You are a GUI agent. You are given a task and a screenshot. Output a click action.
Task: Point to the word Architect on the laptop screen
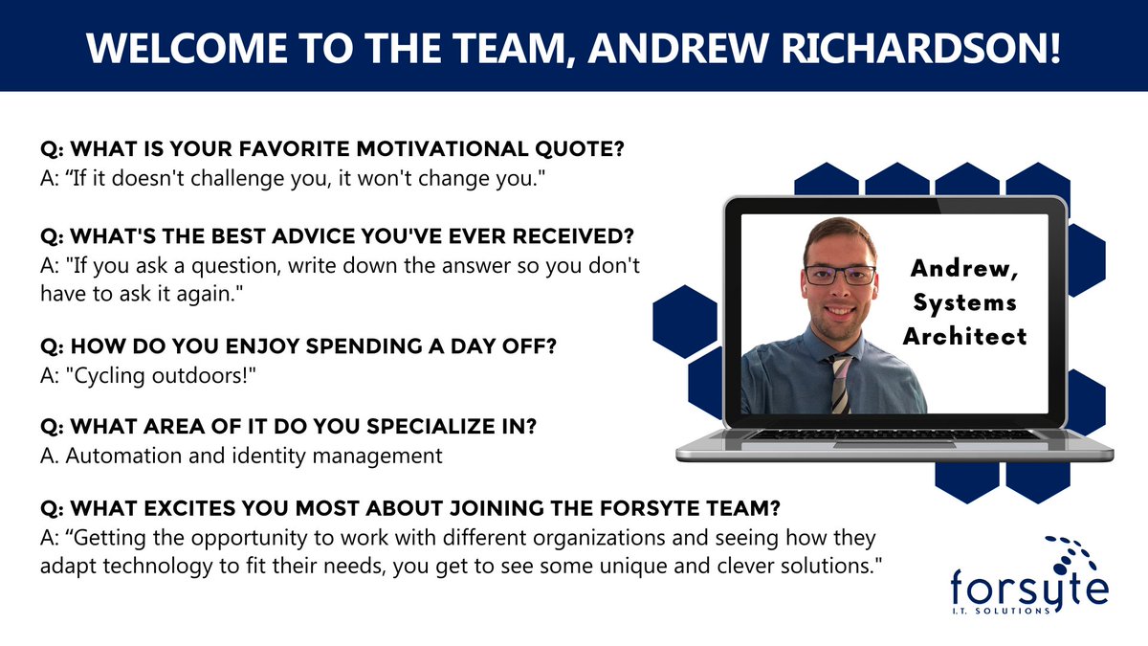click(x=966, y=336)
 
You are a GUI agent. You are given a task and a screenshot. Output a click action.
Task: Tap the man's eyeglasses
click(x=840, y=275)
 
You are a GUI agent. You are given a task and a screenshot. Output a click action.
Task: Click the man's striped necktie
click(x=840, y=383)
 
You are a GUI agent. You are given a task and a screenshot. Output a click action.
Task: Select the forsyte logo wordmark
click(x=1028, y=585)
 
